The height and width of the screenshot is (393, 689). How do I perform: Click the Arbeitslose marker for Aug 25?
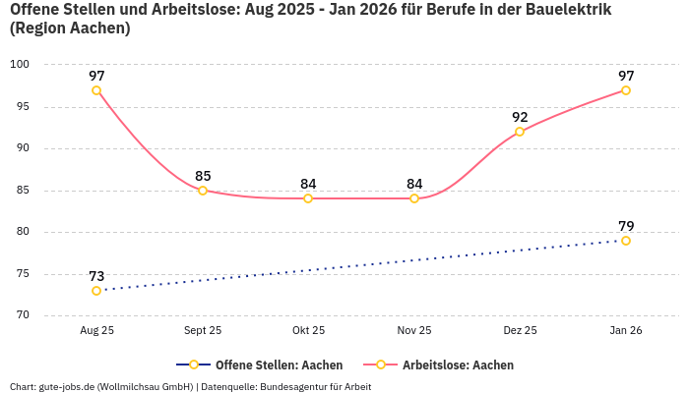point(96,90)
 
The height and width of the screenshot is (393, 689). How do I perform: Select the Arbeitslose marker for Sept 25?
point(203,191)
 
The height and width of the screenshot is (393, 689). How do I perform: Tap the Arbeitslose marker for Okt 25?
point(308,198)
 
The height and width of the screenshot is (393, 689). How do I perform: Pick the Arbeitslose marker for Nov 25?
point(414,198)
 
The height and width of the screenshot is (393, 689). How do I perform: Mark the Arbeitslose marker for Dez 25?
point(520,132)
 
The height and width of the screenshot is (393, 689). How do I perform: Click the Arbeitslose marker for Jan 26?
point(626,90)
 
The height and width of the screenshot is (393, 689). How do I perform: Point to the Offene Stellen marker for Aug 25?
point(96,291)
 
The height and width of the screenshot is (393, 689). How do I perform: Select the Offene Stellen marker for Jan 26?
point(626,241)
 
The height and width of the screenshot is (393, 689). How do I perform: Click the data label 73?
point(96,276)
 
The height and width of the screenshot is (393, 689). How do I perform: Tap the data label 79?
point(626,226)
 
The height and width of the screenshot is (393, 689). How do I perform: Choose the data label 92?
point(520,117)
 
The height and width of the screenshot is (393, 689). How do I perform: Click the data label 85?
point(203,176)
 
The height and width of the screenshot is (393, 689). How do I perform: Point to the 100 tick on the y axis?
point(20,65)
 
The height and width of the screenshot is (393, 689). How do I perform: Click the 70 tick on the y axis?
point(22,315)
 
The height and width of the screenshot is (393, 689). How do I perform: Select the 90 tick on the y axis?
point(22,148)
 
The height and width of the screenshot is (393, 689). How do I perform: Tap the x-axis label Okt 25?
point(308,331)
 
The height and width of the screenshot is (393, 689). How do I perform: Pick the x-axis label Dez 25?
point(520,331)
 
